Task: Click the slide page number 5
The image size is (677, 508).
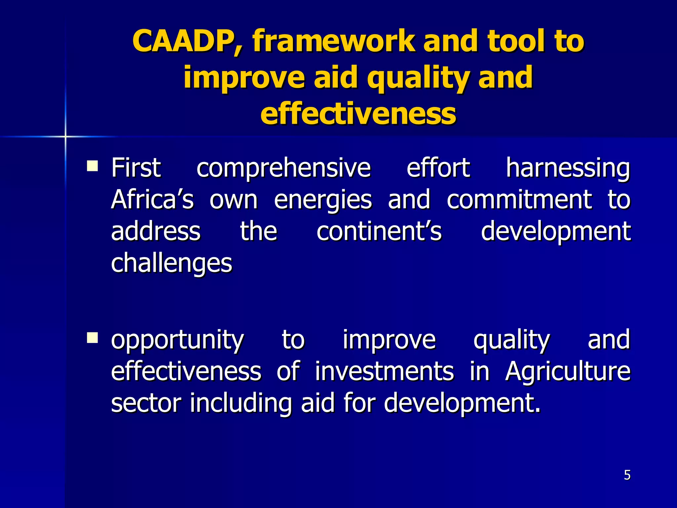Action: pyautogui.click(x=627, y=475)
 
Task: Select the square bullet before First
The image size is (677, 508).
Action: pyautogui.click(x=92, y=165)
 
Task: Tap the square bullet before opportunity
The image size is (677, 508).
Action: pyautogui.click(x=92, y=338)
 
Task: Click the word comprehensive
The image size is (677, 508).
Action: pyautogui.click(x=283, y=168)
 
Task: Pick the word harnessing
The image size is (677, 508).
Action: pyautogui.click(x=568, y=168)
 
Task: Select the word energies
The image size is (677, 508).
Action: pyautogui.click(x=323, y=200)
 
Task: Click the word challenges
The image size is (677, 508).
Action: pyautogui.click(x=172, y=263)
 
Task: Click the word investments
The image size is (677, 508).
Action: pyautogui.click(x=384, y=371)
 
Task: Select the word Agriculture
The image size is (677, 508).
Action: pyautogui.click(x=567, y=372)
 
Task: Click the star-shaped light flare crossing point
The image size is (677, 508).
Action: pyautogui.click(x=65, y=137)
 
